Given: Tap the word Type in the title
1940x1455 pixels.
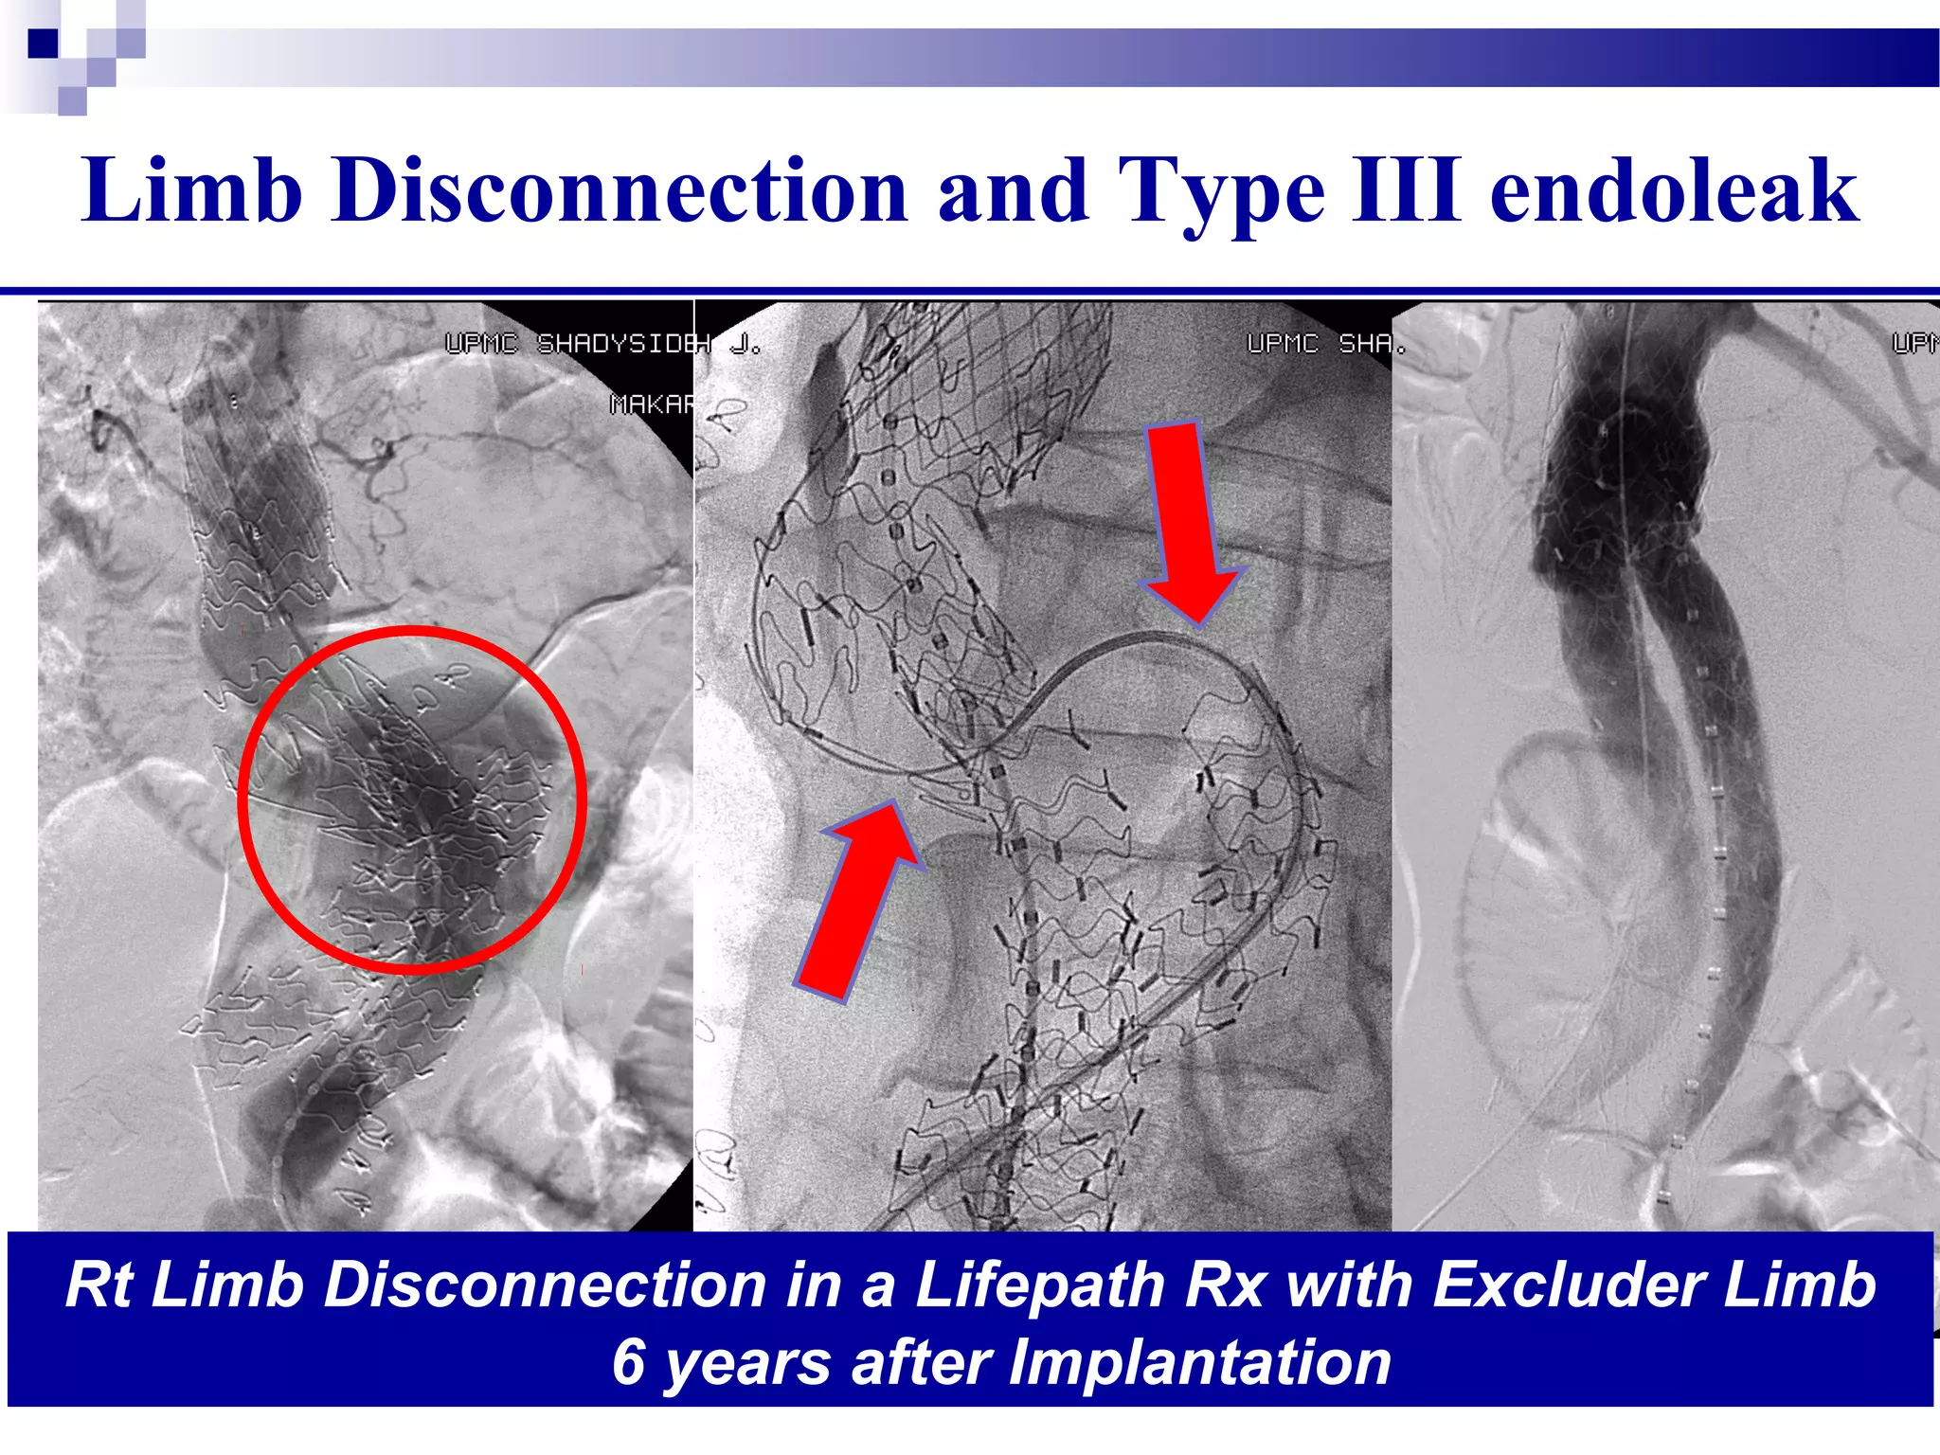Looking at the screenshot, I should [1222, 193].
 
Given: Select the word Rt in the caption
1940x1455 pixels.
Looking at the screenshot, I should [99, 1285].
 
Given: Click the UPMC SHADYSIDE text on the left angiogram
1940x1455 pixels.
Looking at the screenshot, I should [578, 344].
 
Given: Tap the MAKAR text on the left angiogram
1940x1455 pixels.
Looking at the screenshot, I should [652, 404].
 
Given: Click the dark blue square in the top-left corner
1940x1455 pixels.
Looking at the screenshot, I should [43, 43].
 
